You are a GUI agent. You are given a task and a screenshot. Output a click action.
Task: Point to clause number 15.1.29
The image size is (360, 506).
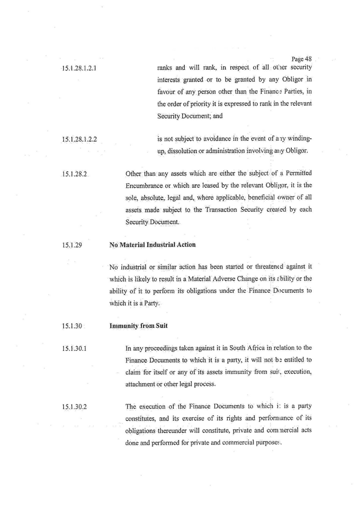(72, 245)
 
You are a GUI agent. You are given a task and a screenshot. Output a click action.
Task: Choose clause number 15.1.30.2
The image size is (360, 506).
(74, 408)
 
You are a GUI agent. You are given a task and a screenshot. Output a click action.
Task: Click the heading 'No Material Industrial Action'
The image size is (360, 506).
(152, 245)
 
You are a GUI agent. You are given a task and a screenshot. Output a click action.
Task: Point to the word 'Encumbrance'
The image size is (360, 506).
(146, 185)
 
